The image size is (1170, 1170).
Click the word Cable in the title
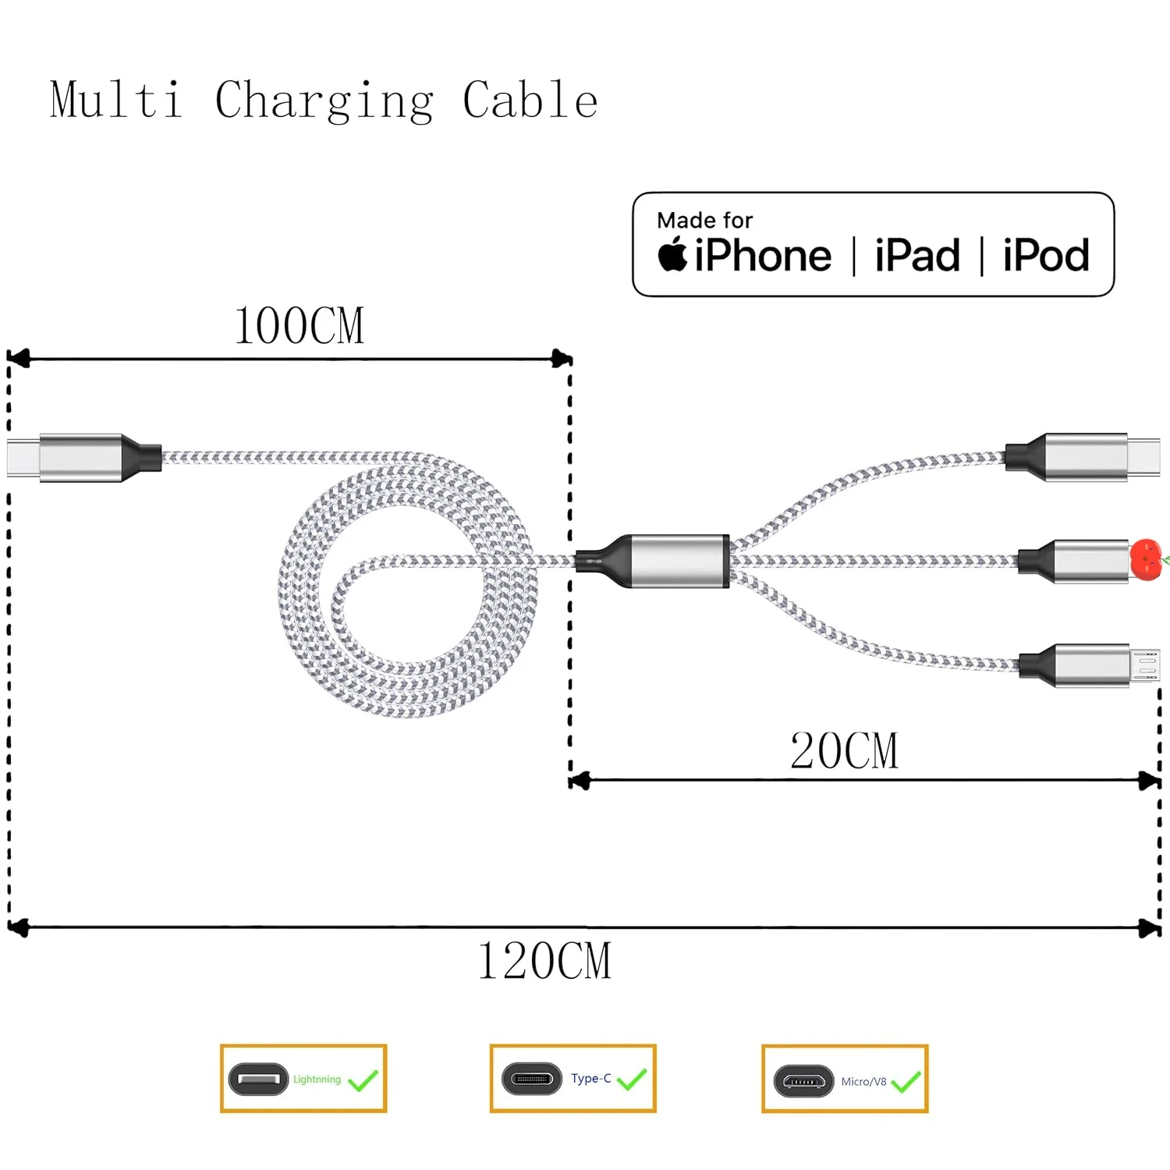pos(530,100)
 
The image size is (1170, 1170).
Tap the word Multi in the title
pos(117,100)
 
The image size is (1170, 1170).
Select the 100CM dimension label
pos(300,325)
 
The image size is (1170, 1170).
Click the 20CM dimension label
pos(844,750)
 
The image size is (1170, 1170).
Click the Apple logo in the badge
pos(672,253)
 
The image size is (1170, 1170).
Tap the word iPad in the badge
pos(917,255)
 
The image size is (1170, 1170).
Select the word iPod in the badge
pos(1046,255)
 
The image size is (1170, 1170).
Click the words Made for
pos(705,220)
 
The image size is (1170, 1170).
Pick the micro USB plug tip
pos(1145,665)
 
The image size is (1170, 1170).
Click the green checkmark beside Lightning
pos(363,1080)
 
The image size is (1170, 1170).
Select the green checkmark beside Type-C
pos(631,1079)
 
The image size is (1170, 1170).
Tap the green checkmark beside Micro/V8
pos(906,1081)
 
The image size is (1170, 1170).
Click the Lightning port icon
pos(258,1080)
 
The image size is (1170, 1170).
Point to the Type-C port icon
pos(532,1080)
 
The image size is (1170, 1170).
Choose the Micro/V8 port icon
pos(803,1081)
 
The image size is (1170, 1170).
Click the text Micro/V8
pos(863,1082)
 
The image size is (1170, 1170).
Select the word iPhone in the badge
pos(763,255)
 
